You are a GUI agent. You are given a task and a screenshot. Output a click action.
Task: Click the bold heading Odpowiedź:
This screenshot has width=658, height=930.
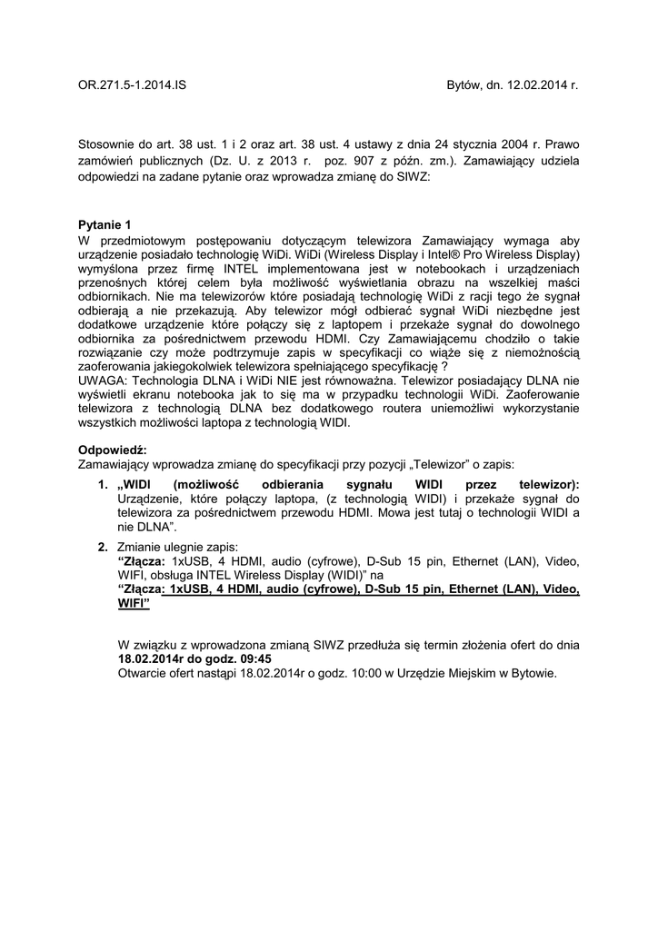coord(113,450)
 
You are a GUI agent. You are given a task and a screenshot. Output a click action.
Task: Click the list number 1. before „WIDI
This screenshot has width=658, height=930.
coord(104,485)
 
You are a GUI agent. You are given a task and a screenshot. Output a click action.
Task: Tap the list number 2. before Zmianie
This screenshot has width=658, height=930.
coord(104,547)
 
